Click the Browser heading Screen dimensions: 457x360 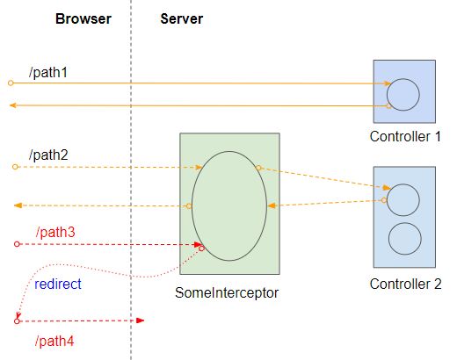(83, 19)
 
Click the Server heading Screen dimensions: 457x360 (182, 19)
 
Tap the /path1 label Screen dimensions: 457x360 (48, 72)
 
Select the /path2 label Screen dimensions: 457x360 (48, 155)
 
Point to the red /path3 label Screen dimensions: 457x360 (55, 232)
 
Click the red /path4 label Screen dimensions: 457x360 (54, 341)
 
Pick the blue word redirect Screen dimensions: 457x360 (58, 284)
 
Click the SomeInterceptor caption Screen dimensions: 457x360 (227, 293)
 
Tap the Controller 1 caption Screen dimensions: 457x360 (405, 136)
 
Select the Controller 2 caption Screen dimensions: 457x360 (405, 284)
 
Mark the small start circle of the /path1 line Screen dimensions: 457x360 (11, 83)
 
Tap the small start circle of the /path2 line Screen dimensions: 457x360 (15, 167)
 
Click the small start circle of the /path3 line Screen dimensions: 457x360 (17, 244)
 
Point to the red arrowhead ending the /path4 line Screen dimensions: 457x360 (141, 320)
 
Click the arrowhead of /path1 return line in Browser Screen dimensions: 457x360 (12, 105)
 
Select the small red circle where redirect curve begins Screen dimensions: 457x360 (201, 248)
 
